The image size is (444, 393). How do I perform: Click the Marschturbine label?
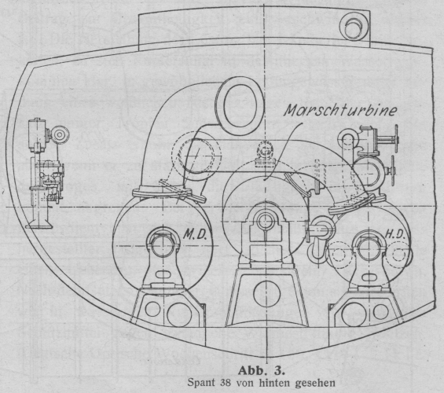tap(340, 109)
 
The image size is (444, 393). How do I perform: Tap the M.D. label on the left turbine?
tap(195, 234)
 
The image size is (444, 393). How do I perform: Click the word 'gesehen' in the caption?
tap(315, 383)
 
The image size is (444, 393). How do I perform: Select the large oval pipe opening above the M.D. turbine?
tap(240, 105)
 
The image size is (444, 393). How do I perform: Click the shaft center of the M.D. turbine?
tap(163, 245)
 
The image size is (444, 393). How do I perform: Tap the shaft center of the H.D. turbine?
tap(369, 247)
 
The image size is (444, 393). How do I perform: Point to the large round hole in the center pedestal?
tap(266, 293)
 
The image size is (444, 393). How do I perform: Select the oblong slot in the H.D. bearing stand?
tap(368, 277)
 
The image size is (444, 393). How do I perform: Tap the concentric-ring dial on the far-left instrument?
tap(60, 134)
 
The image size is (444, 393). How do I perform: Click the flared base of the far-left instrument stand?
tap(39, 225)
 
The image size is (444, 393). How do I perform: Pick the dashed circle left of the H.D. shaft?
tap(339, 255)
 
